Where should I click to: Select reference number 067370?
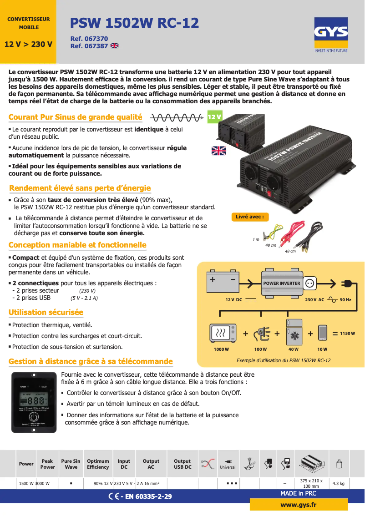[x=89, y=39]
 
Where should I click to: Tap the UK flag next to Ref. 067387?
[x=114, y=46]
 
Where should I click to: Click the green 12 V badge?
[x=214, y=117]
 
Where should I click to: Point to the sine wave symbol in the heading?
[x=176, y=118]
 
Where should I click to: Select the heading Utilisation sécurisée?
[x=46, y=312]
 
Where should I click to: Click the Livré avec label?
[x=249, y=217]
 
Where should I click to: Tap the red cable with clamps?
[x=291, y=232]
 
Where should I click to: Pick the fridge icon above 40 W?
[x=293, y=332]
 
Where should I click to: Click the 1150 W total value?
[x=347, y=334]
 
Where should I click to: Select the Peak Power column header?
[x=47, y=464]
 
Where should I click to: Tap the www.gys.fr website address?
[x=299, y=505]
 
